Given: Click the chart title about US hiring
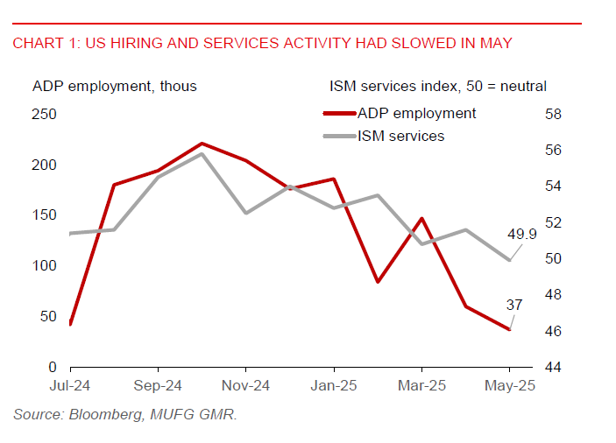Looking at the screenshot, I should click(x=261, y=43).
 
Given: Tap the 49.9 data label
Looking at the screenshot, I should click(x=522, y=235).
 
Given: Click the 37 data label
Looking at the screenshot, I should click(x=514, y=305).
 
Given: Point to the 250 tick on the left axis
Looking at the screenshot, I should click(x=44, y=115).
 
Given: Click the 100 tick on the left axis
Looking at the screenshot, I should click(x=44, y=266).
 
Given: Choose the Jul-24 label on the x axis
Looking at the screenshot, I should click(x=69, y=386).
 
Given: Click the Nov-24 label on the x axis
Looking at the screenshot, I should click(x=245, y=386).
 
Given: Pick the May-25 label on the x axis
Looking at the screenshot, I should click(x=509, y=386).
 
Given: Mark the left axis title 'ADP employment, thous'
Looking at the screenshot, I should click(x=114, y=86).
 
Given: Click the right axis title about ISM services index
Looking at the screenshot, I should click(x=438, y=86).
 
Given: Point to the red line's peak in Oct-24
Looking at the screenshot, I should click(x=202, y=143).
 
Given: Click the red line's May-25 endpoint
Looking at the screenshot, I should click(x=509, y=329).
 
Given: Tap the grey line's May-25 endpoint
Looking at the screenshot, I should click(x=509, y=260).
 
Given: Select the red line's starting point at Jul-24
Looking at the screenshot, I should click(x=69, y=324).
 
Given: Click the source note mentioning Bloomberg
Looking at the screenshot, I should click(x=124, y=414).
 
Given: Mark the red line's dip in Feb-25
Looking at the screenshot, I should click(x=378, y=282).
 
